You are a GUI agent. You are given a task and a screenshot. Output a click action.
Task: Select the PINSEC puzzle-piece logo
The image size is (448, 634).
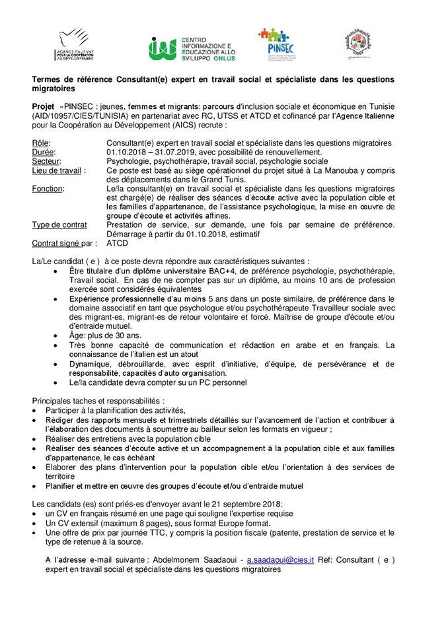coord(274,44)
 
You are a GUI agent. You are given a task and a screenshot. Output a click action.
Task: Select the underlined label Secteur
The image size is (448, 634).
coord(46,160)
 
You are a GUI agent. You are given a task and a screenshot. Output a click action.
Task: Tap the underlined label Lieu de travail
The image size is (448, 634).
coord(57,170)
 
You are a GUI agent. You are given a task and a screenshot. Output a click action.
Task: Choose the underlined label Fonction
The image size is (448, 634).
coord(48,188)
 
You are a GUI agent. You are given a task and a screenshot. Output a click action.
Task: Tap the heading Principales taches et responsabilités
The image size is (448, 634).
coord(98,400)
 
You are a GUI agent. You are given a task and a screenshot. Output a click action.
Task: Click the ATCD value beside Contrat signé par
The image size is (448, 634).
coord(117,243)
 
